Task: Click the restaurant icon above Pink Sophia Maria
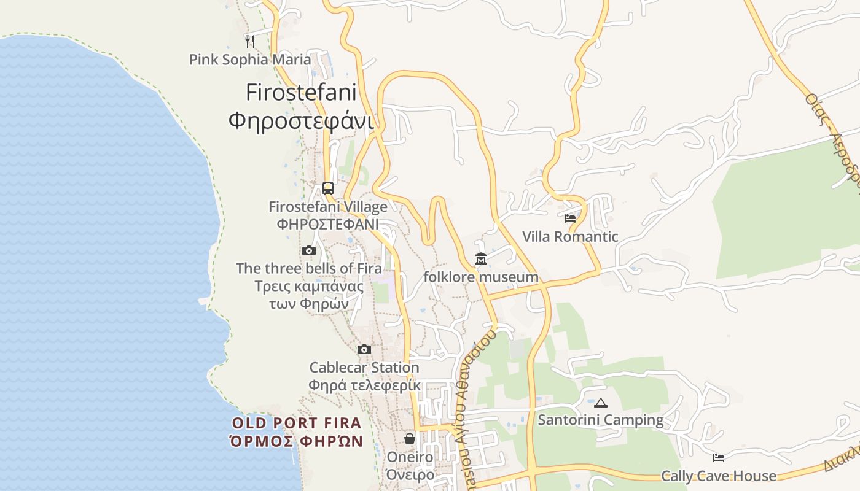coord(249,41)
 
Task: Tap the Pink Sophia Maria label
coord(249,60)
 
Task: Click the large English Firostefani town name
coord(301,92)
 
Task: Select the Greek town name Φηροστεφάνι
coord(301,120)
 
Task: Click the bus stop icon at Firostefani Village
coord(328,188)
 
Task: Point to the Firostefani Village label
coord(328,207)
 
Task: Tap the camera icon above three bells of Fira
coord(309,250)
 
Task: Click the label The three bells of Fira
coord(308,268)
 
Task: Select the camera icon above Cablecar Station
coord(364,349)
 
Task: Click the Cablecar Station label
coord(364,368)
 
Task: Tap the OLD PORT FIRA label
coord(297,423)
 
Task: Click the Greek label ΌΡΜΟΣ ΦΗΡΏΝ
coord(296,441)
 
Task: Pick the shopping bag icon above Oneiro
coord(410,439)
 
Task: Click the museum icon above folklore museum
coord(480,259)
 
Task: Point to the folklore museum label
coord(481,277)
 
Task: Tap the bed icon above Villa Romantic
coord(570,218)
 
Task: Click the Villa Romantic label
coord(570,236)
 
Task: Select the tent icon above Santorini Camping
coord(600,403)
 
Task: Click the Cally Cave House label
coord(718,476)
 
